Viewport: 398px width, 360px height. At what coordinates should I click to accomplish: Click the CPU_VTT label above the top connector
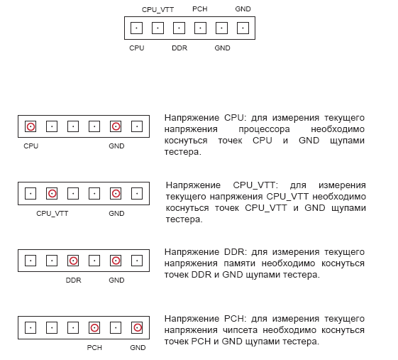click(x=157, y=10)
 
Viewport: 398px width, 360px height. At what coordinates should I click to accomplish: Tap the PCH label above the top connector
click(x=200, y=9)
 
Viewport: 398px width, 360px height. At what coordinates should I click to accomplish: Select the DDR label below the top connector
click(x=179, y=48)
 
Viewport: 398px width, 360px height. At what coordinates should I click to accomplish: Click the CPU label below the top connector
click(x=136, y=48)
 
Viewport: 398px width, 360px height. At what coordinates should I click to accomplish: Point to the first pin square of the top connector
click(x=136, y=28)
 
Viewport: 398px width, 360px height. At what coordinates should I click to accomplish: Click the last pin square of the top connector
click(x=243, y=28)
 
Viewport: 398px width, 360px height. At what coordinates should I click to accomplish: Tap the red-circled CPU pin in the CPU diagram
click(x=31, y=126)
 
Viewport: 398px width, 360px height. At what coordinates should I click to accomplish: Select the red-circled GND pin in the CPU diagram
click(x=116, y=126)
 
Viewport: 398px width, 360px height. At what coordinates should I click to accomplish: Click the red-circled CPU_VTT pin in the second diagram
click(x=52, y=194)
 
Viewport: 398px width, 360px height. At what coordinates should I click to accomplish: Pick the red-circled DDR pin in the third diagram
click(x=73, y=261)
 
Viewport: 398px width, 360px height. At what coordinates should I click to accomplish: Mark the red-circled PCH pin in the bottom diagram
click(x=94, y=328)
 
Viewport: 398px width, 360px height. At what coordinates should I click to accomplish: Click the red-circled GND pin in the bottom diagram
click(x=137, y=328)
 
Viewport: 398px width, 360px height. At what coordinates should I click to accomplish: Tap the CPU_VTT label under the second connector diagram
click(x=52, y=214)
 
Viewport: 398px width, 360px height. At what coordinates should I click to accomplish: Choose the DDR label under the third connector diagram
click(x=73, y=280)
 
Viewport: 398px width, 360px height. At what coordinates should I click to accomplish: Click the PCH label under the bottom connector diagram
click(x=94, y=347)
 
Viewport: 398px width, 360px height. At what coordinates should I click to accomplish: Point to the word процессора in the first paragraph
click(x=264, y=129)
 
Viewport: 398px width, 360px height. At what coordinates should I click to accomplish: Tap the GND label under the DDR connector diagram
click(x=116, y=280)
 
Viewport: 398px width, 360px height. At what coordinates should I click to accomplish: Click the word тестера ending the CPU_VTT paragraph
click(x=184, y=219)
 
